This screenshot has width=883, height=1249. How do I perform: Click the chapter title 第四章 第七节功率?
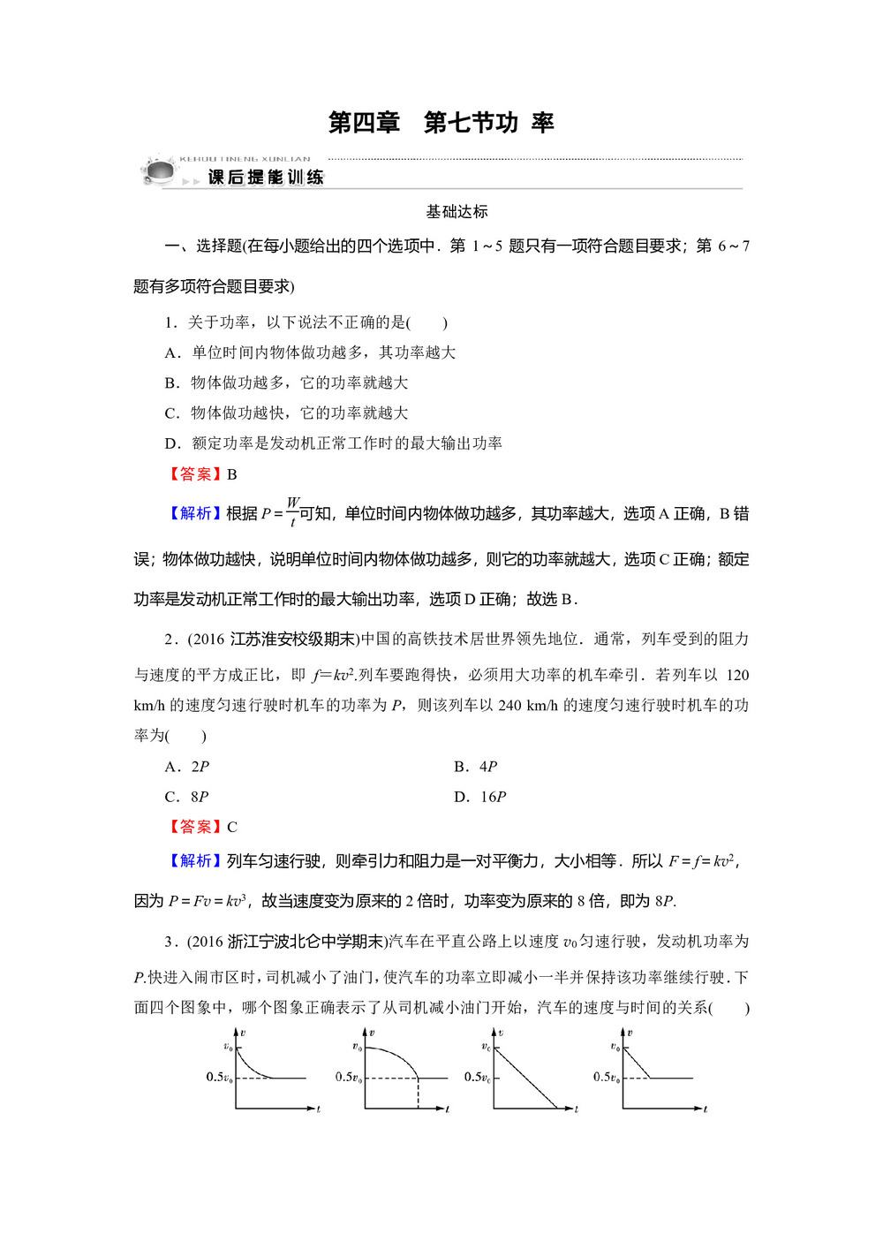tap(441, 123)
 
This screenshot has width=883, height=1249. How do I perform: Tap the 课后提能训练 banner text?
tap(266, 178)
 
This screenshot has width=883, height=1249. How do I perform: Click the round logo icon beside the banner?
tap(160, 170)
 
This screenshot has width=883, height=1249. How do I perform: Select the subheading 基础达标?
tap(457, 212)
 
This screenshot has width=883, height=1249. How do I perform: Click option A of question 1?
tap(310, 352)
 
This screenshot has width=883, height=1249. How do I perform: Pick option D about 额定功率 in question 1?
tap(334, 443)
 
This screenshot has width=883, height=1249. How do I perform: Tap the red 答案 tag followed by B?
tap(195, 474)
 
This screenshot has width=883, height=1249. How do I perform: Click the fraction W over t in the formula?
tap(293, 512)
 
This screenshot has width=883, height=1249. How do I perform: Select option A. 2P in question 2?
tap(187, 767)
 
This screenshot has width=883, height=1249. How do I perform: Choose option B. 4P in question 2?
tap(476, 767)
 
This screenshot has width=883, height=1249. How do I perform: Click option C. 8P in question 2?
tap(187, 797)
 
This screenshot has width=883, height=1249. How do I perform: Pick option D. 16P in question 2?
tap(480, 797)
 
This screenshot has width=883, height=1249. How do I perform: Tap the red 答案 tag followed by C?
tap(195, 827)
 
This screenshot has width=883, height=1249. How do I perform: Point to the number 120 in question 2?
tap(737, 676)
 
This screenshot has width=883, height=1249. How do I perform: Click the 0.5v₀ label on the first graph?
tap(219, 1077)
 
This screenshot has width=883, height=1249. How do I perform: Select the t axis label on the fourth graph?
tap(706, 1109)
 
